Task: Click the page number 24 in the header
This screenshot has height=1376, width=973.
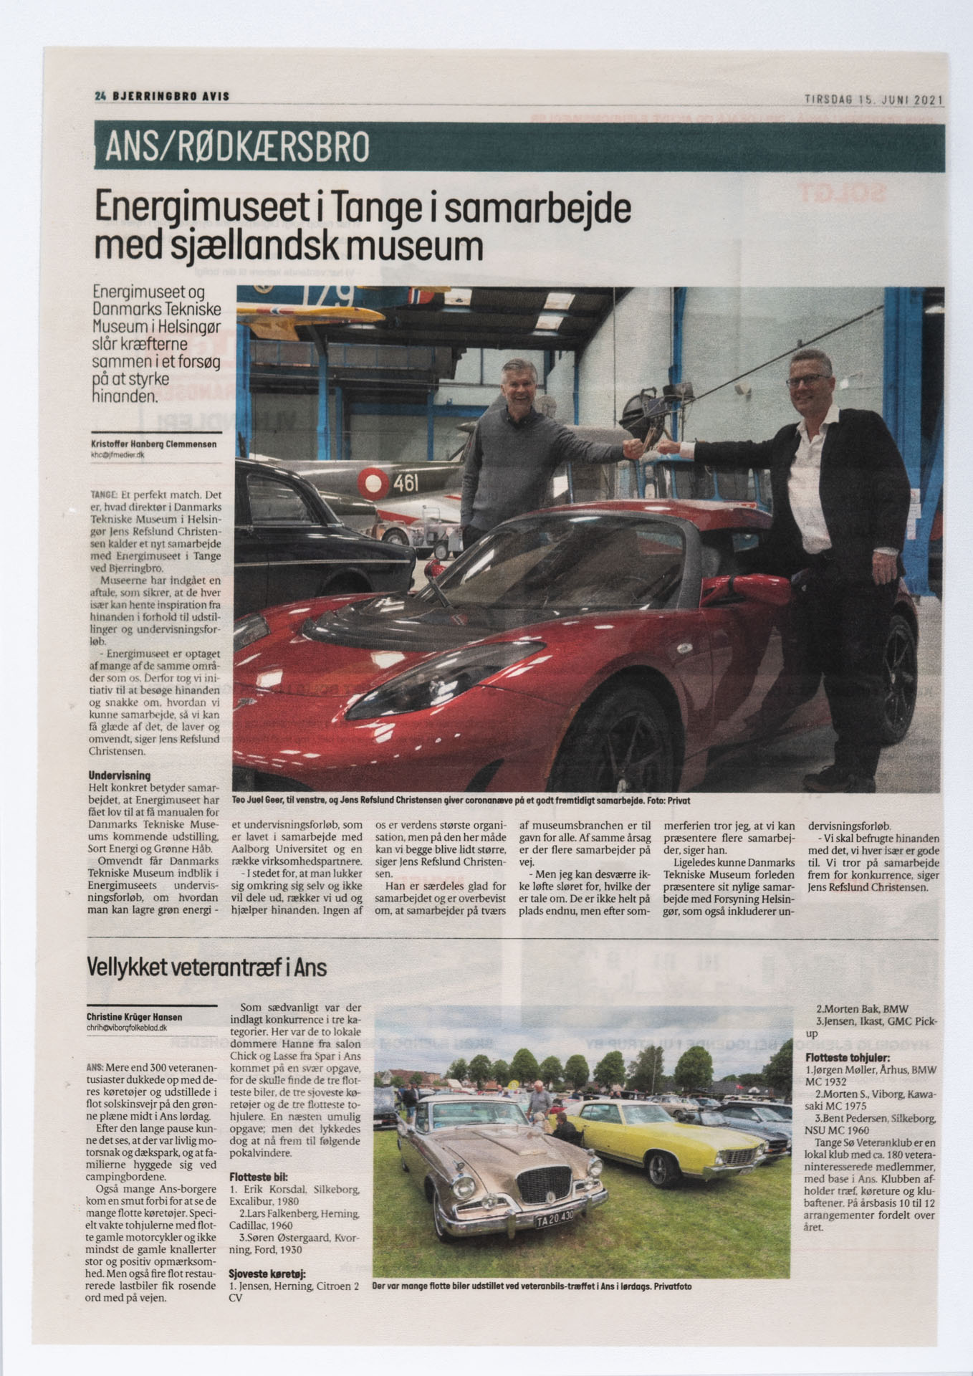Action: click(100, 96)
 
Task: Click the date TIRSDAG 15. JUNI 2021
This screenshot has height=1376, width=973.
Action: click(873, 100)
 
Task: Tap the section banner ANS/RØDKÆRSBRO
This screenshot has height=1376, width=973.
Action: click(237, 147)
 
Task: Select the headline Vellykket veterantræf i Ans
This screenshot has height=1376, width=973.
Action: click(206, 967)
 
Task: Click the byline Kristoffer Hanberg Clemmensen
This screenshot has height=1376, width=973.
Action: click(153, 444)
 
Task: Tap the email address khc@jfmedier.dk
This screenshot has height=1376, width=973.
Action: click(118, 454)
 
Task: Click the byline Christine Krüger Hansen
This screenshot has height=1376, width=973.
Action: click(134, 1017)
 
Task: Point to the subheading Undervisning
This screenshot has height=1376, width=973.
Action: click(120, 775)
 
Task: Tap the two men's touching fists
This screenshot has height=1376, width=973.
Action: click(648, 449)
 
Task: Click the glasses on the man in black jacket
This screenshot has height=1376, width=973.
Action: click(808, 381)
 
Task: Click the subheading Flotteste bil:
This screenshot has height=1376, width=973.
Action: click(258, 1177)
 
